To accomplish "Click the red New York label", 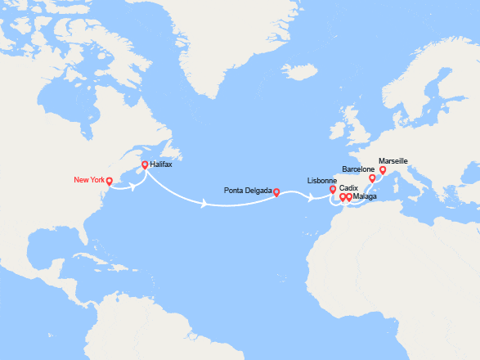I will [89, 180].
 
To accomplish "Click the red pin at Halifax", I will [145, 165].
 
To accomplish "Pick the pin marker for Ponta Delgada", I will [276, 193].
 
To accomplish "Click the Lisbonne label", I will [321, 180].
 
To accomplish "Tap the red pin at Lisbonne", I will [333, 191].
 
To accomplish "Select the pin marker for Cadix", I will [343, 197].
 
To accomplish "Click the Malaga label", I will [366, 197].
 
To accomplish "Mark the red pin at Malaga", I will [349, 197].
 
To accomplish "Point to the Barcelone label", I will [358, 169].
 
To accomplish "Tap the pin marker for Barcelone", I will [372, 178].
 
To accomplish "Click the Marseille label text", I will [393, 161].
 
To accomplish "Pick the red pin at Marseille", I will [383, 170].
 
